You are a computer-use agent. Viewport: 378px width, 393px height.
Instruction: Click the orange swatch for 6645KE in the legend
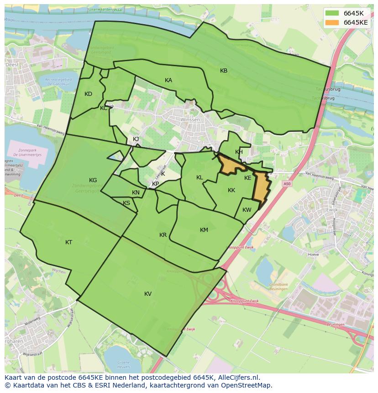click(332, 22)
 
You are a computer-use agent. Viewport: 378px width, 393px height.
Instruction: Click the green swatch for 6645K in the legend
click(332, 13)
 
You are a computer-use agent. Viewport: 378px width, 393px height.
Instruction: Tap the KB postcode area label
click(224, 71)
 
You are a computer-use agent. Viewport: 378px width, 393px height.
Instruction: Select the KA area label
click(168, 80)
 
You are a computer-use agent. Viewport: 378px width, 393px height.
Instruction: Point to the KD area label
click(89, 94)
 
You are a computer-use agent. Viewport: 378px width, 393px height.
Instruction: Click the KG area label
click(93, 180)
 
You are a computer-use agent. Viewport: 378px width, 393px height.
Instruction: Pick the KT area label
click(68, 242)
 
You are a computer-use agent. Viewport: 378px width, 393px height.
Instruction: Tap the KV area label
click(148, 294)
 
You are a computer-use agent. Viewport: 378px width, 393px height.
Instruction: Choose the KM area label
click(204, 230)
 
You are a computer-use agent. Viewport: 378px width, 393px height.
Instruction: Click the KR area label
click(163, 235)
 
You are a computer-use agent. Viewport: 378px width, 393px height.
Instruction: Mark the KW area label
click(247, 210)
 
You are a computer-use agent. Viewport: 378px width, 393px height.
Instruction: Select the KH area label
click(239, 152)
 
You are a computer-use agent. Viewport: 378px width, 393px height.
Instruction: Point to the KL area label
click(199, 178)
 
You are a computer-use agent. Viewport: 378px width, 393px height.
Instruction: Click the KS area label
click(126, 203)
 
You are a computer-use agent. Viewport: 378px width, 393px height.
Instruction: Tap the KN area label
click(136, 193)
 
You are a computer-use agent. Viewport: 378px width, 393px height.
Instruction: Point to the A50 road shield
click(286, 183)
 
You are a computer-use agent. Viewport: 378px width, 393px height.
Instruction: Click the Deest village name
click(11, 65)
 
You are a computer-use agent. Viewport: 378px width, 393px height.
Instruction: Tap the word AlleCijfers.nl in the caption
click(237, 377)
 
